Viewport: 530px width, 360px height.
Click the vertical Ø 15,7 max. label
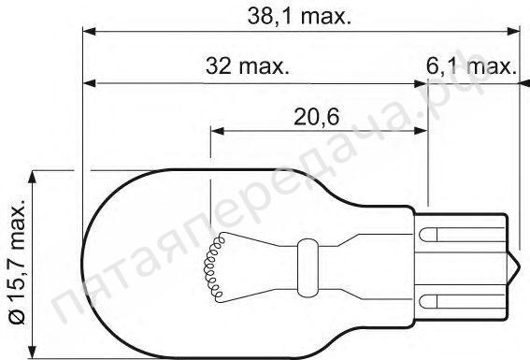tap(16, 265)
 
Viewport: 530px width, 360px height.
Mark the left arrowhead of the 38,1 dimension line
tap(89, 33)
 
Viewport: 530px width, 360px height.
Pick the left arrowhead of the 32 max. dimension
tap(89, 84)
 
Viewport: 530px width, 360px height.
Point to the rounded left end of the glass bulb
tap(86, 265)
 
